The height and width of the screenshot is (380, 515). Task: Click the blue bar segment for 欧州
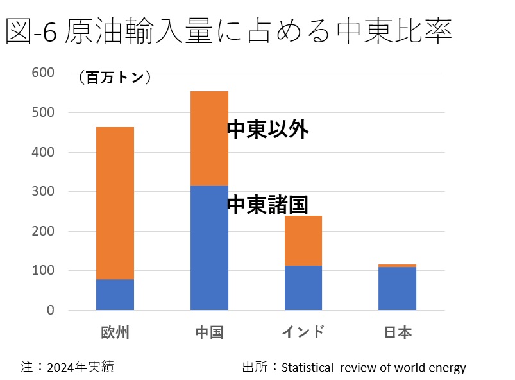tap(115, 295)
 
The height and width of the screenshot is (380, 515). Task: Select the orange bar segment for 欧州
tap(115, 203)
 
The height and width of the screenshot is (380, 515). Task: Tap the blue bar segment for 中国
tap(209, 248)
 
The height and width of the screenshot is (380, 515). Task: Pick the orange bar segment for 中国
tap(209, 138)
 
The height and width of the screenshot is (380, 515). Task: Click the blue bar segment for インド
tap(303, 288)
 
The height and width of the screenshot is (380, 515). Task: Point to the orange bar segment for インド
tap(303, 241)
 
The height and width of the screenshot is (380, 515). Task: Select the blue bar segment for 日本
tap(397, 288)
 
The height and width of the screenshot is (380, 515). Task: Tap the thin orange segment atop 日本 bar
tap(397, 265)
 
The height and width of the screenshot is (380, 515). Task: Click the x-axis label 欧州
tap(115, 332)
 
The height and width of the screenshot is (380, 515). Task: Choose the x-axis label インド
tap(303, 332)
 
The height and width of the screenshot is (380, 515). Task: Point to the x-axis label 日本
tap(397, 332)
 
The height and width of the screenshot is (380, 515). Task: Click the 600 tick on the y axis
tap(44, 73)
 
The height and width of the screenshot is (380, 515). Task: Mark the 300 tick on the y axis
tap(44, 192)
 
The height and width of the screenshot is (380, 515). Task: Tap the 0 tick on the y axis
tap(51, 311)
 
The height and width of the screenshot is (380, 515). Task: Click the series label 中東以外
tap(268, 130)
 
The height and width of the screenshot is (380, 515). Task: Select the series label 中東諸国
tap(268, 205)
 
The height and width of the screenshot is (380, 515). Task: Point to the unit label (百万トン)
tap(114, 78)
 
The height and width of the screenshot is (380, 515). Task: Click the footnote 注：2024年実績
tap(67, 367)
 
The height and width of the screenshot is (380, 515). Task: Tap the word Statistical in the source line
tap(307, 367)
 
